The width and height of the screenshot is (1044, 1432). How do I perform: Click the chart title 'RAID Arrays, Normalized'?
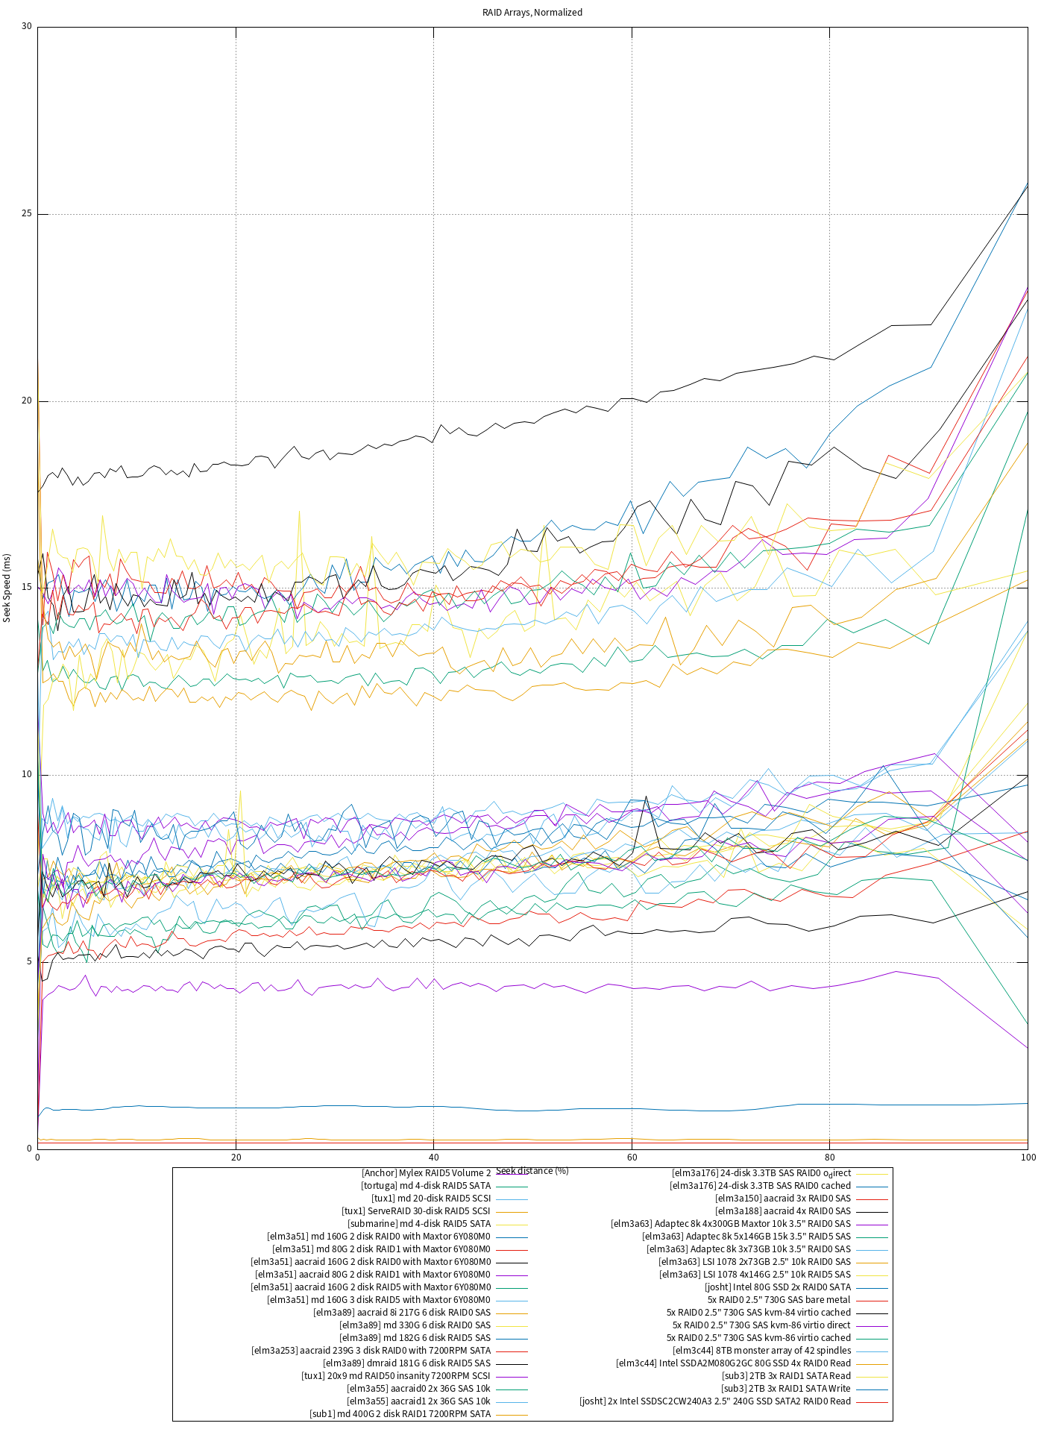532,13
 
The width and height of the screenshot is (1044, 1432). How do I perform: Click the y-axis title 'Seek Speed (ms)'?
7,588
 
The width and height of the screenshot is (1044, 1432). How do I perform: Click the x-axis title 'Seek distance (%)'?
532,1170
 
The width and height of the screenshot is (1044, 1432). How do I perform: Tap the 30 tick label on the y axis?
27,27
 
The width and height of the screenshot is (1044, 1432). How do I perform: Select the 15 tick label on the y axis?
27,588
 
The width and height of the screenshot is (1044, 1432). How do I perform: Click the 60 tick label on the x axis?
632,1158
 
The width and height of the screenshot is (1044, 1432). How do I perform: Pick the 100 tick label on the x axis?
1028,1158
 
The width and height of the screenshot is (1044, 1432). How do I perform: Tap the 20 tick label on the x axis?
236,1158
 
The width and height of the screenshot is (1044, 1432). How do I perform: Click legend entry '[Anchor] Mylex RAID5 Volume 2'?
426,1173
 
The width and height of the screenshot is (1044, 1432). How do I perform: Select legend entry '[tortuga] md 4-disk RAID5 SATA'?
426,1186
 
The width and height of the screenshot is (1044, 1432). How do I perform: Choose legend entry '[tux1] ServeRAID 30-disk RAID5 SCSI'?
416,1211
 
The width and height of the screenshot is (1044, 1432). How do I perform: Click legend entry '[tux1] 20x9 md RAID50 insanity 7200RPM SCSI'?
396,1376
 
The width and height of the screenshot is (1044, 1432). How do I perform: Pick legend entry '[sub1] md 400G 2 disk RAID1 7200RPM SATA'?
400,1414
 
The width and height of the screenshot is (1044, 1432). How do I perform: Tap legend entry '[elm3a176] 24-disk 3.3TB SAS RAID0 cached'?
760,1186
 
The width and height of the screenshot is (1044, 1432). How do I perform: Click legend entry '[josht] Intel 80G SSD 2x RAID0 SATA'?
778,1287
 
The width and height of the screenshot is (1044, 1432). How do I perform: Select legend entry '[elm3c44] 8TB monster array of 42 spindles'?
761,1351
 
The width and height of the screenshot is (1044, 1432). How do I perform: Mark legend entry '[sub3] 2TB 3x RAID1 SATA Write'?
786,1389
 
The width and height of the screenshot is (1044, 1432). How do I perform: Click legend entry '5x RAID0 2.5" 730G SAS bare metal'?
779,1300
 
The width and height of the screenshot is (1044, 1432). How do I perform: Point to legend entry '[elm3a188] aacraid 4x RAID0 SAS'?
783,1211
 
